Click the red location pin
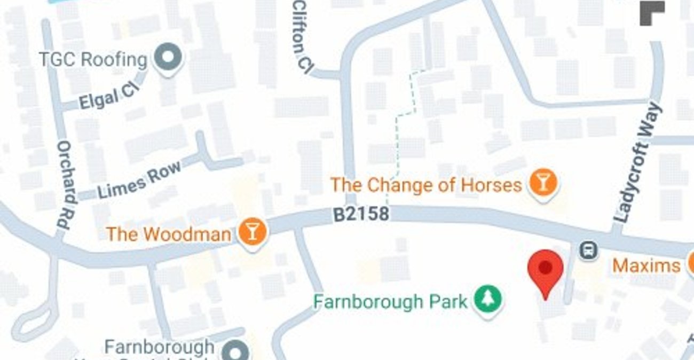545,270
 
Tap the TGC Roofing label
92,59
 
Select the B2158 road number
361,215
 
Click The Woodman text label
168,234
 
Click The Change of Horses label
425,185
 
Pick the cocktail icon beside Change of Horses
543,183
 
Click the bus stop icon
589,250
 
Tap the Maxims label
646,265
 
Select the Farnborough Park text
390,302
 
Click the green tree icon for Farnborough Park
488,300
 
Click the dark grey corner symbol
652,13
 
